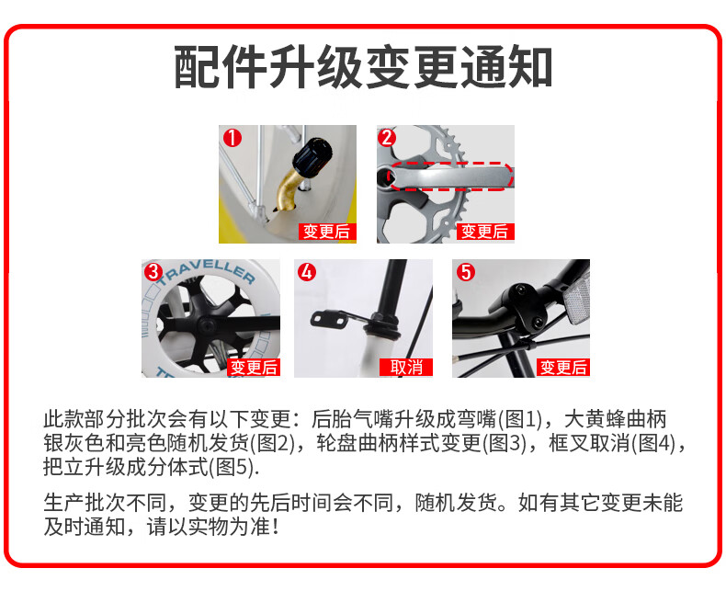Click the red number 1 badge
233,138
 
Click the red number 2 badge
387,138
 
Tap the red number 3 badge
153,272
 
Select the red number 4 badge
307,272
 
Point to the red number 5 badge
466,272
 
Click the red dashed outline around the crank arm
450,163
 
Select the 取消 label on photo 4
406,368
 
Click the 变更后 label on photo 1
327,232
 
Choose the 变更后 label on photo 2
485,232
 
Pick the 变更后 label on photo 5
563,368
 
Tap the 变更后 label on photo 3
254,368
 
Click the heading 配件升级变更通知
363,67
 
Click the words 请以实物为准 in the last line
213,527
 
